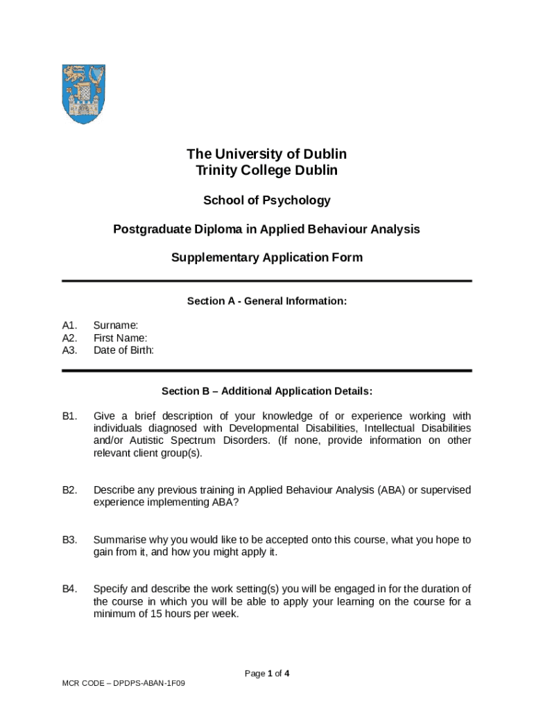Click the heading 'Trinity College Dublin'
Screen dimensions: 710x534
pos(267,171)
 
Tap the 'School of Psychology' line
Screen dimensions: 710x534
pos(267,200)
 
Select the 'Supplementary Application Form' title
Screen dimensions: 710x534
pos(267,258)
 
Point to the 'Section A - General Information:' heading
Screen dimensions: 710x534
pos(267,302)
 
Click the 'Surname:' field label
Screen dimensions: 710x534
pos(116,324)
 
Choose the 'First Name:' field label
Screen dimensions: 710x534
pos(120,338)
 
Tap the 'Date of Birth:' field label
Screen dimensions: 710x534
pos(123,350)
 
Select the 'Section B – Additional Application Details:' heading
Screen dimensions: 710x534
pos(267,392)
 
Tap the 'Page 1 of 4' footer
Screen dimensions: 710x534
pos(267,673)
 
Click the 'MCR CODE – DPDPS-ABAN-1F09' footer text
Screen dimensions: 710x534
pos(123,684)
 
